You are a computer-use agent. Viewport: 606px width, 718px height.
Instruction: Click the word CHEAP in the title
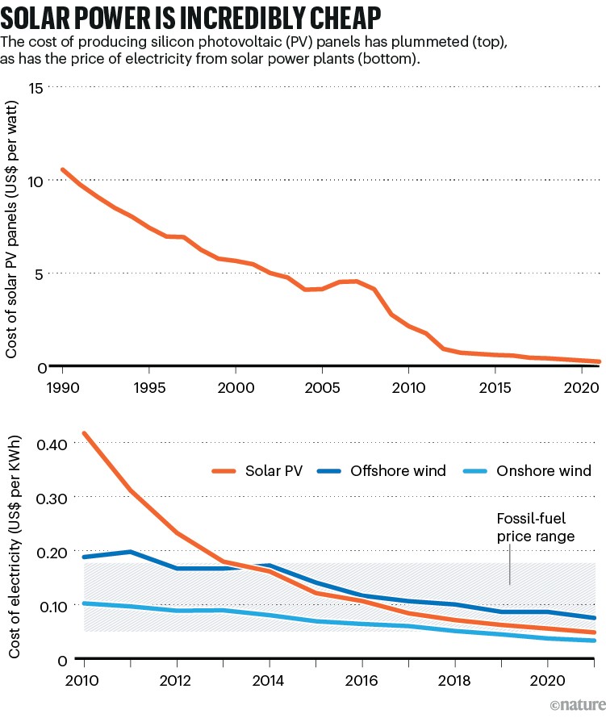(x=338, y=15)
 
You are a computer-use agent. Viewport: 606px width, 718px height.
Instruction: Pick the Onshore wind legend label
(x=548, y=470)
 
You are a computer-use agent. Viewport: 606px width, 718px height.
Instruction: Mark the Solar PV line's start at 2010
(x=84, y=433)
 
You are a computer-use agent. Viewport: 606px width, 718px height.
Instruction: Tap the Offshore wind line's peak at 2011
(x=130, y=552)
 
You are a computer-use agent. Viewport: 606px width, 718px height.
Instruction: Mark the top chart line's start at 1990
(x=63, y=169)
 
